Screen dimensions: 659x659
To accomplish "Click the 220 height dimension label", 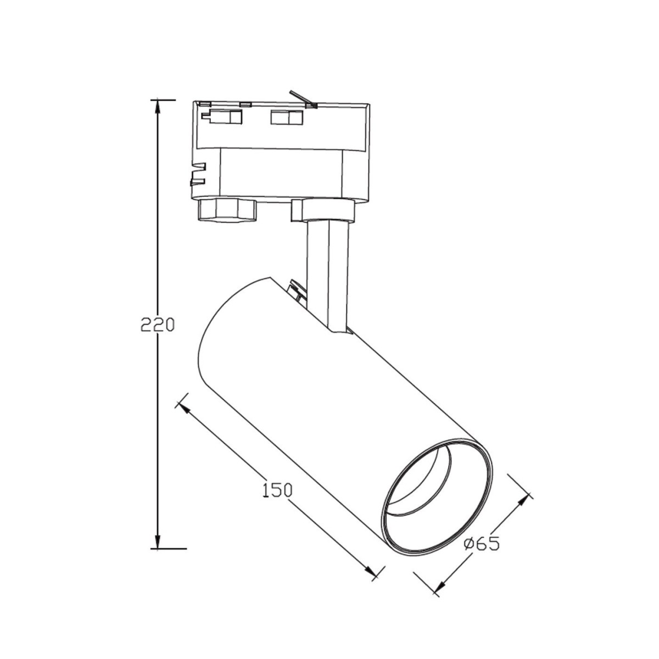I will pyautogui.click(x=157, y=325).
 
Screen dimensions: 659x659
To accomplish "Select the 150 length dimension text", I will pyautogui.click(x=276, y=489).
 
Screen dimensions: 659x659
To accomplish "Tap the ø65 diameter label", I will pyautogui.click(x=482, y=544).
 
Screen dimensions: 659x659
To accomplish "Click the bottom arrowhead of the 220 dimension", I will pyautogui.click(x=158, y=541).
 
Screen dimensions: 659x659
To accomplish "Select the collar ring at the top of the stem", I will pyautogui.click(x=323, y=210).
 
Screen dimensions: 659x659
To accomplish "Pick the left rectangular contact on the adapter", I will pyautogui.click(x=222, y=117).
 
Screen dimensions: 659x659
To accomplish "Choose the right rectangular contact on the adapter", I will pyautogui.click(x=286, y=118).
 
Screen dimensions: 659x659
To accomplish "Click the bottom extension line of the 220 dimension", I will pyautogui.click(x=168, y=548).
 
